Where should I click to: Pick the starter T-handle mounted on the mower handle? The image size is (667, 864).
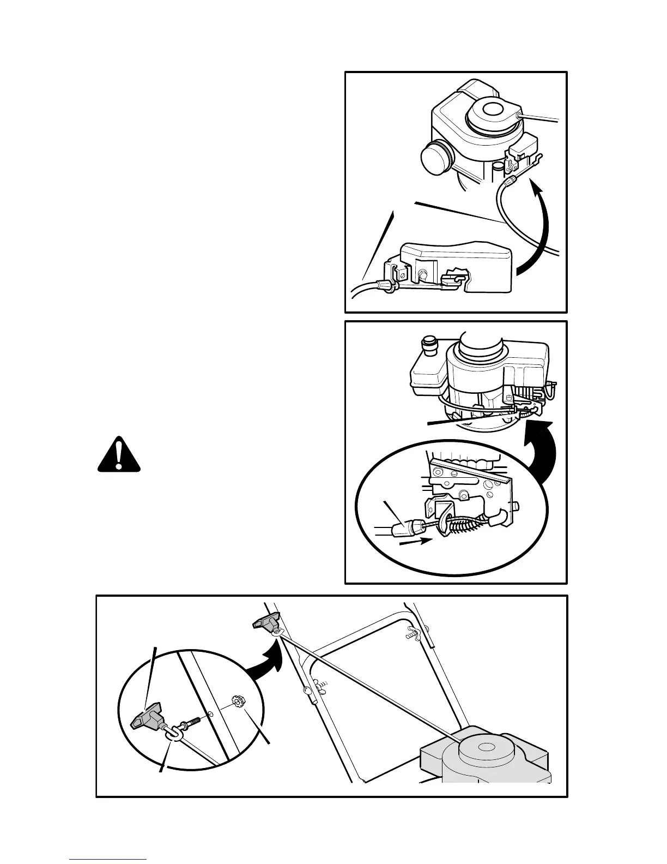(x=265, y=621)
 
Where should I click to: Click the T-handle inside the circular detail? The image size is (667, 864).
(x=147, y=717)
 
